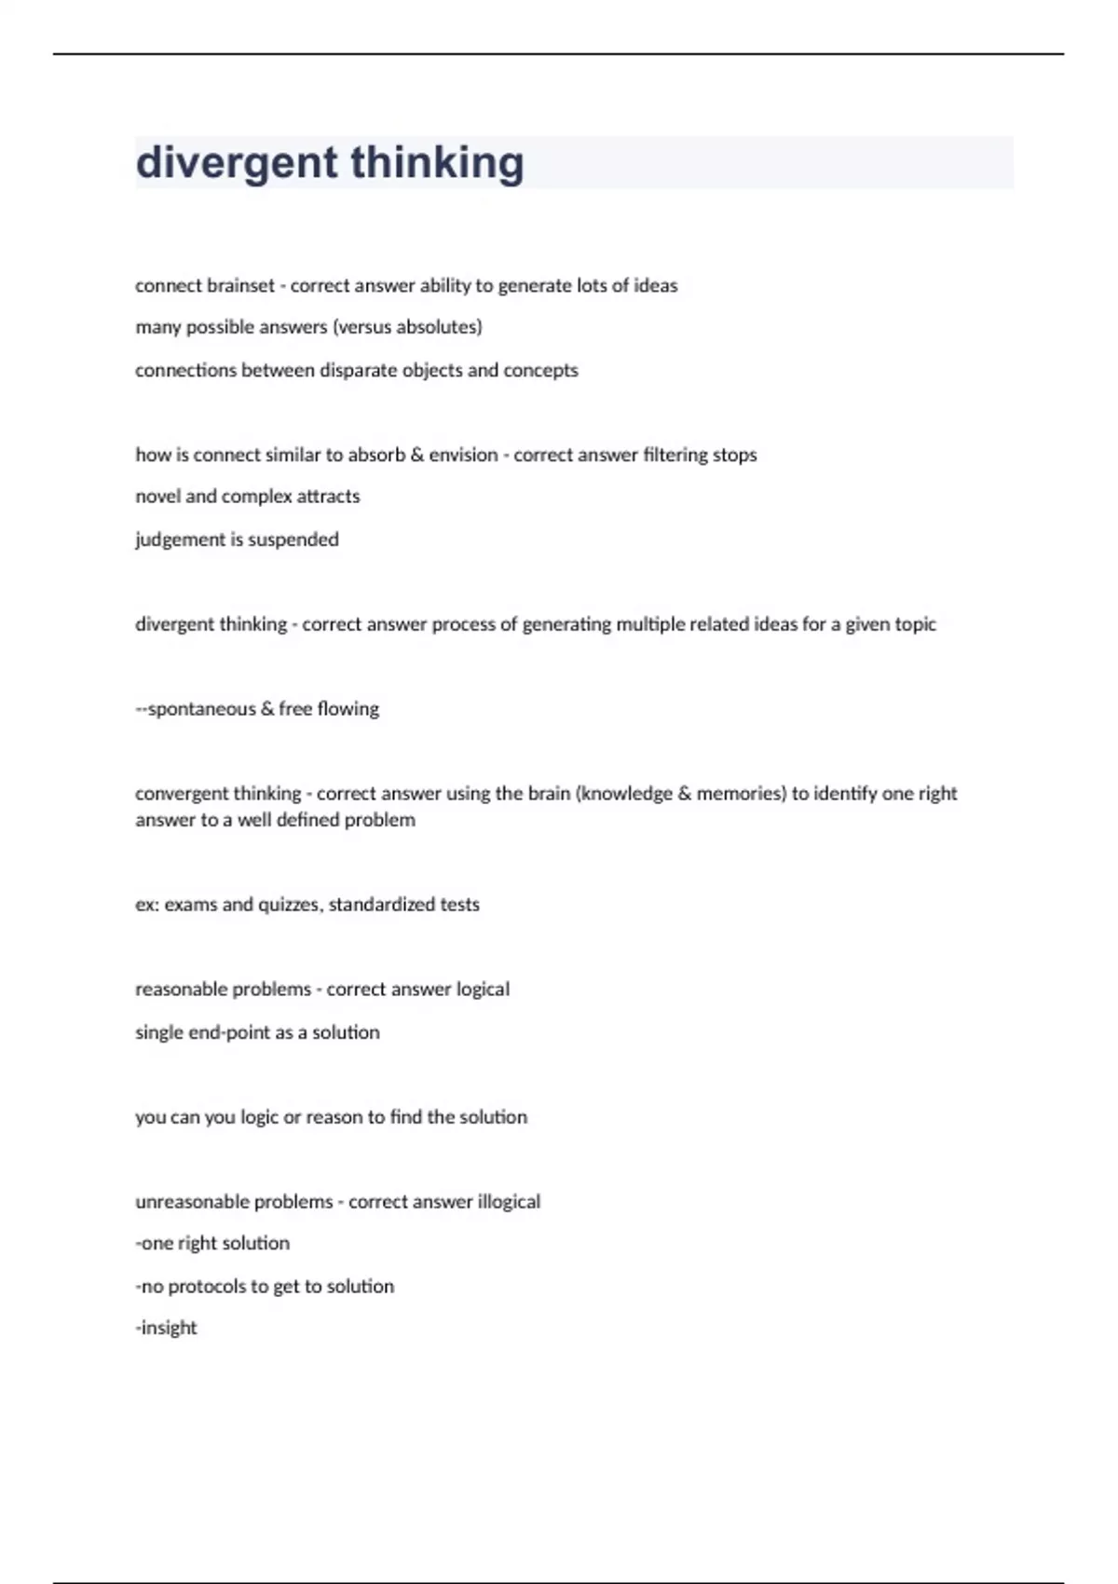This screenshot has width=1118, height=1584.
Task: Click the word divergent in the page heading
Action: coord(235,163)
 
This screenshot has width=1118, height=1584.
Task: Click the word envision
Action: coord(463,455)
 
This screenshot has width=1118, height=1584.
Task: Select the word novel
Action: coord(157,497)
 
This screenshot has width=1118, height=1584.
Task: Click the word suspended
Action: coord(293,539)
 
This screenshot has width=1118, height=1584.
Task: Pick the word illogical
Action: coord(509,1202)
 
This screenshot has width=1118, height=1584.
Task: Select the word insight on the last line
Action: coord(169,1328)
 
